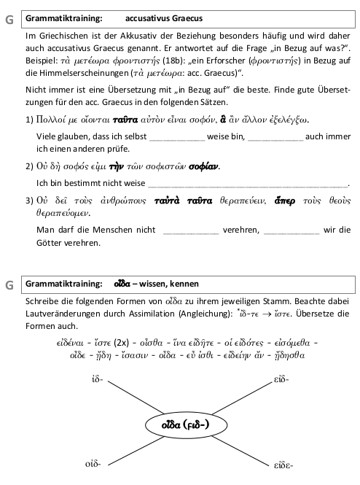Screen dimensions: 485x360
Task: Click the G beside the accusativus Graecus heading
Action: click(x=8, y=19)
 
